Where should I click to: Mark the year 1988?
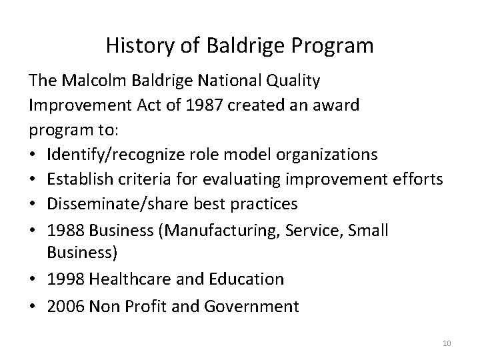[65, 230]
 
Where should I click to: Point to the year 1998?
[65, 279]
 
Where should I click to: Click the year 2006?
[65, 306]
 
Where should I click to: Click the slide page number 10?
[447, 344]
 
